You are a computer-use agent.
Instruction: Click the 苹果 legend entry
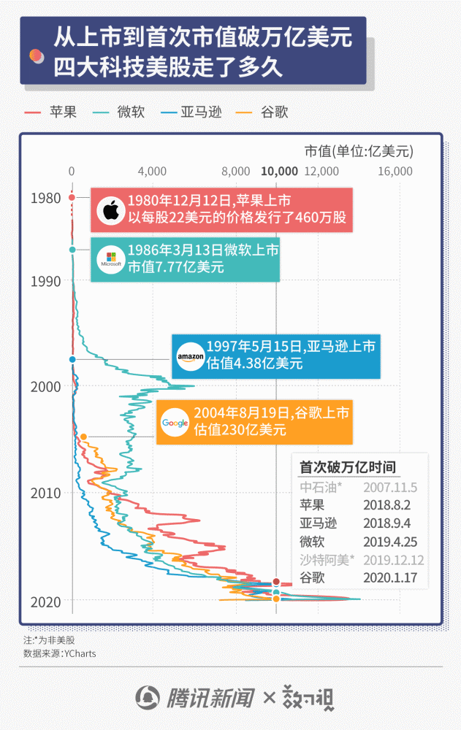click(50, 112)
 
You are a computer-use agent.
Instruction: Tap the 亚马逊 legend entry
click(191, 112)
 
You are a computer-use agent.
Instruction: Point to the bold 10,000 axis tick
click(279, 172)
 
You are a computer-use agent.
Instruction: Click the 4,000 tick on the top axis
click(152, 172)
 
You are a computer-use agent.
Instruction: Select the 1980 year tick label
click(46, 198)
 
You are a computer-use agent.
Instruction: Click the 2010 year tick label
click(46, 493)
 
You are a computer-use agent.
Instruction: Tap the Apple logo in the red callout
click(110, 211)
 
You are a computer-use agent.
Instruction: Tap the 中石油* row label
click(321, 486)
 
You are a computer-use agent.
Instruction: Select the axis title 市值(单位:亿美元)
click(358, 151)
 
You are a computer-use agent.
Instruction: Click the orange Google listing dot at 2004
click(83, 437)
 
